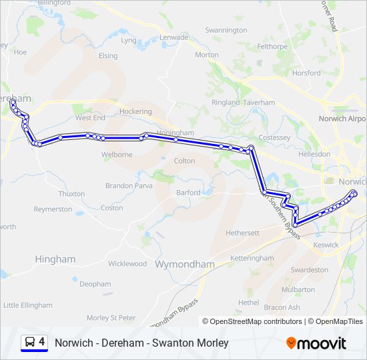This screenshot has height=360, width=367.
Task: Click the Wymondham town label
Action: click(184, 264)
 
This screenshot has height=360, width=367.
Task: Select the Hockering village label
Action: click(135, 111)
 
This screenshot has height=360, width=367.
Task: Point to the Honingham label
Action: click(175, 133)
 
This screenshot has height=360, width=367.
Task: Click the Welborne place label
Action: click(116, 155)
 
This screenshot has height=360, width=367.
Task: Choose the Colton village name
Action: click(184, 161)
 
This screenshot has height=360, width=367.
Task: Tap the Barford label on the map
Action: click(188, 193)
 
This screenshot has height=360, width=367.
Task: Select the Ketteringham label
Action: click(252, 258)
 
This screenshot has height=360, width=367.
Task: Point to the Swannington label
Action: click(226, 30)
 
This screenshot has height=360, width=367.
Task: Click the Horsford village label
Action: click(306, 73)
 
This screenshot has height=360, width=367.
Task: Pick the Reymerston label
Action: click(53, 209)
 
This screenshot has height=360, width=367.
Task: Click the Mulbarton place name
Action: click(298, 290)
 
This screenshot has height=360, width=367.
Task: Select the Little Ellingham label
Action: click(28, 305)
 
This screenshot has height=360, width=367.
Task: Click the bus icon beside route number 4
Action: click(30, 343)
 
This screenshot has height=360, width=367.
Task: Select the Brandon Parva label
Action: click(129, 186)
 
